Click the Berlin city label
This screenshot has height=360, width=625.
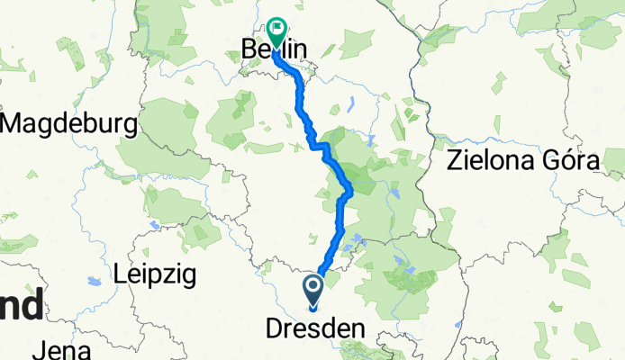(275, 49)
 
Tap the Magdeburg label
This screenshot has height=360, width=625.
(68, 122)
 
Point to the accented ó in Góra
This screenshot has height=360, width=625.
(572, 162)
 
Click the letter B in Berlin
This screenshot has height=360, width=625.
(249, 49)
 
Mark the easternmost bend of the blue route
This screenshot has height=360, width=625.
(349, 190)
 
